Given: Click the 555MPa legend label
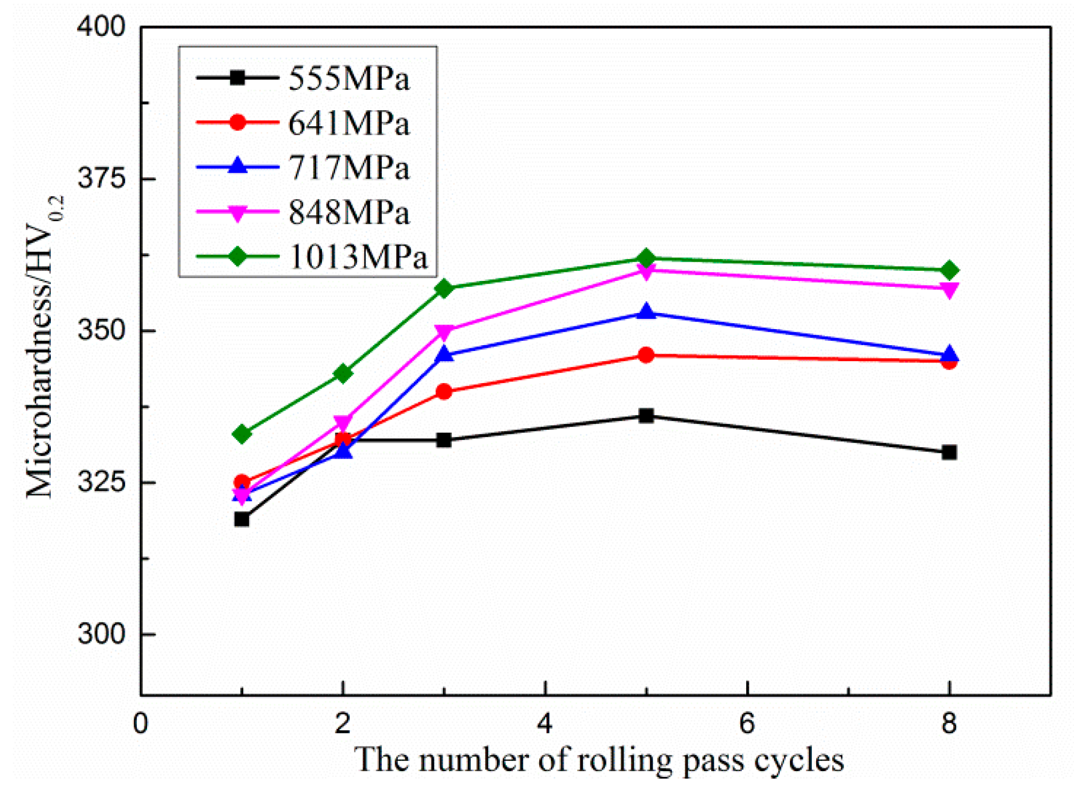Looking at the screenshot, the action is [349, 79].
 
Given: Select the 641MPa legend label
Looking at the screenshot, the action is [349, 124].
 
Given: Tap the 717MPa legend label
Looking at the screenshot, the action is [349, 168].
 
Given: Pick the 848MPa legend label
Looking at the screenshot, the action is [349, 212].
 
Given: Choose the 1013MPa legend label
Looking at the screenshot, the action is [358, 257].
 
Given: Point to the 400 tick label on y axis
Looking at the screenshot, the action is [101, 26].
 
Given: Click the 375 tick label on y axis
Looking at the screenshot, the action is [101, 178].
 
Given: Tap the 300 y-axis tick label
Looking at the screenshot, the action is [101, 634].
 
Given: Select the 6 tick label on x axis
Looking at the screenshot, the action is [747, 723].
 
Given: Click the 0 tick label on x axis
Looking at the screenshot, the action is [141, 723].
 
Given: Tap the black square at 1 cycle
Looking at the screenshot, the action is [242, 519].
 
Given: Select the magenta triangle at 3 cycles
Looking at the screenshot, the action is [444, 332].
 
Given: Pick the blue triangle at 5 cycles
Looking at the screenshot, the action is [646, 310].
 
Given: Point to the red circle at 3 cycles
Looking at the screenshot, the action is [444, 392].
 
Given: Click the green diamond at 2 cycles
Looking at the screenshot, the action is [343, 374].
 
